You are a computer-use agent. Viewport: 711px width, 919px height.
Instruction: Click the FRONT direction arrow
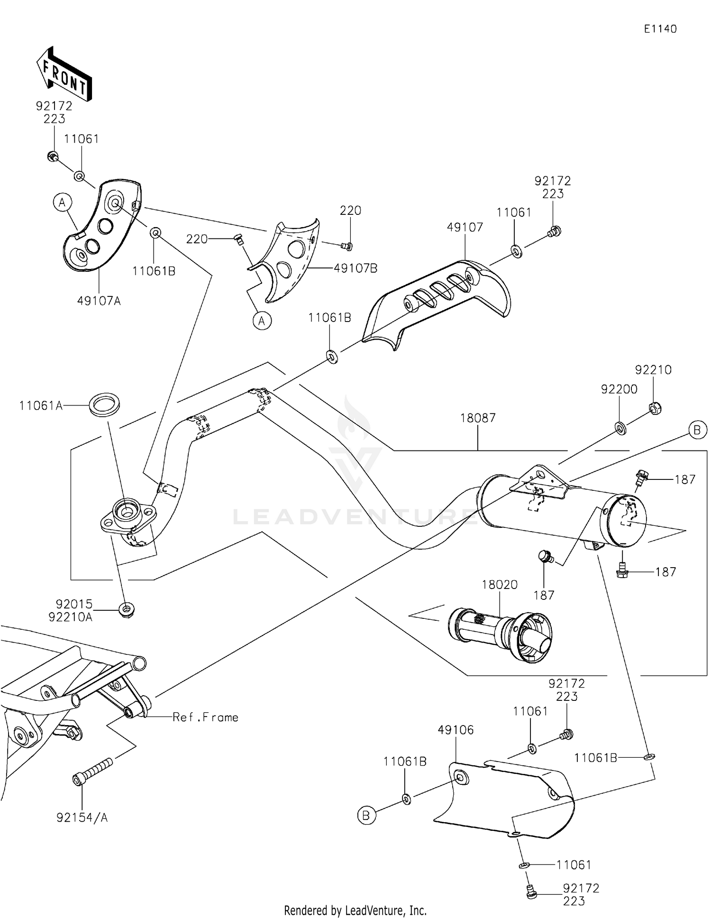point(64,74)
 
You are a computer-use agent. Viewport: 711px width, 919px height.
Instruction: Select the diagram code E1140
point(660,29)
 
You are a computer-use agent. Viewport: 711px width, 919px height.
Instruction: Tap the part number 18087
point(478,418)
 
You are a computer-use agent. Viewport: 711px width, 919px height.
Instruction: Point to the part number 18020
point(500,585)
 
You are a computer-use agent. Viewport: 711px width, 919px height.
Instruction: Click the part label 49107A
point(99,301)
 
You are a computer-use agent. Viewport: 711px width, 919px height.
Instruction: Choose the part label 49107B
point(355,268)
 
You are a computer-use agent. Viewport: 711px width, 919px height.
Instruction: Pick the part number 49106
point(456,730)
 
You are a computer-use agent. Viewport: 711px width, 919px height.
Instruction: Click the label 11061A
point(41,406)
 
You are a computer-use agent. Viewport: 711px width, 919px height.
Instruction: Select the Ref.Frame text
point(205,717)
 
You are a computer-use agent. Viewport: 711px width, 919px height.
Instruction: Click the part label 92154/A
point(82,818)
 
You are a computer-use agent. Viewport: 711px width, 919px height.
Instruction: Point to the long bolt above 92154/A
point(93,772)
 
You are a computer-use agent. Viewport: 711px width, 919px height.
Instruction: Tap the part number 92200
point(619,389)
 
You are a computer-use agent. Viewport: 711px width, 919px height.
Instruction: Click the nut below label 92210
point(654,408)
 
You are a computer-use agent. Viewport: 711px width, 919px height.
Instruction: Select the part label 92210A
point(70,617)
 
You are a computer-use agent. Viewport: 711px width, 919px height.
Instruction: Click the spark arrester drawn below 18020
point(500,634)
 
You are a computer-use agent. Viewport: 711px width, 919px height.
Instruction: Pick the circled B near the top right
point(697,430)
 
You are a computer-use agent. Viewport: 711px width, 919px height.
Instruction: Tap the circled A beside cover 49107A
point(62,203)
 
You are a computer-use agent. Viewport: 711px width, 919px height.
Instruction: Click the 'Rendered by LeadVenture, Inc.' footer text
point(355,910)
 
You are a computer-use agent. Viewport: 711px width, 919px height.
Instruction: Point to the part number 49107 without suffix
point(465,227)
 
